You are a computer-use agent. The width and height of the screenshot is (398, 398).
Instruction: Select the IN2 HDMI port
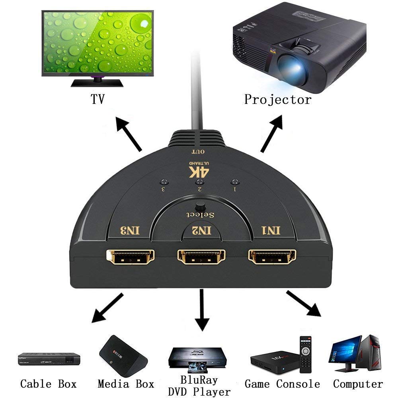tap(201, 258)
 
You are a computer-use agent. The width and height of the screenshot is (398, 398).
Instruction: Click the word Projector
tap(277, 99)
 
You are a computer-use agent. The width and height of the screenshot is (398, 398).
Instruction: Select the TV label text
tap(97, 99)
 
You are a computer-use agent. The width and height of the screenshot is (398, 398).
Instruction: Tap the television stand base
tap(97, 82)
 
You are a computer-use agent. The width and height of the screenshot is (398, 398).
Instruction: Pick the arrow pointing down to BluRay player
tap(203, 310)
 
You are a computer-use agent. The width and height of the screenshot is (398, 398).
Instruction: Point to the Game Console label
tap(282, 384)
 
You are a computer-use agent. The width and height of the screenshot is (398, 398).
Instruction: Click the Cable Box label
tap(48, 384)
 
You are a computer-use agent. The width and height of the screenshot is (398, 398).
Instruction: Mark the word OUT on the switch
tap(198, 152)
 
